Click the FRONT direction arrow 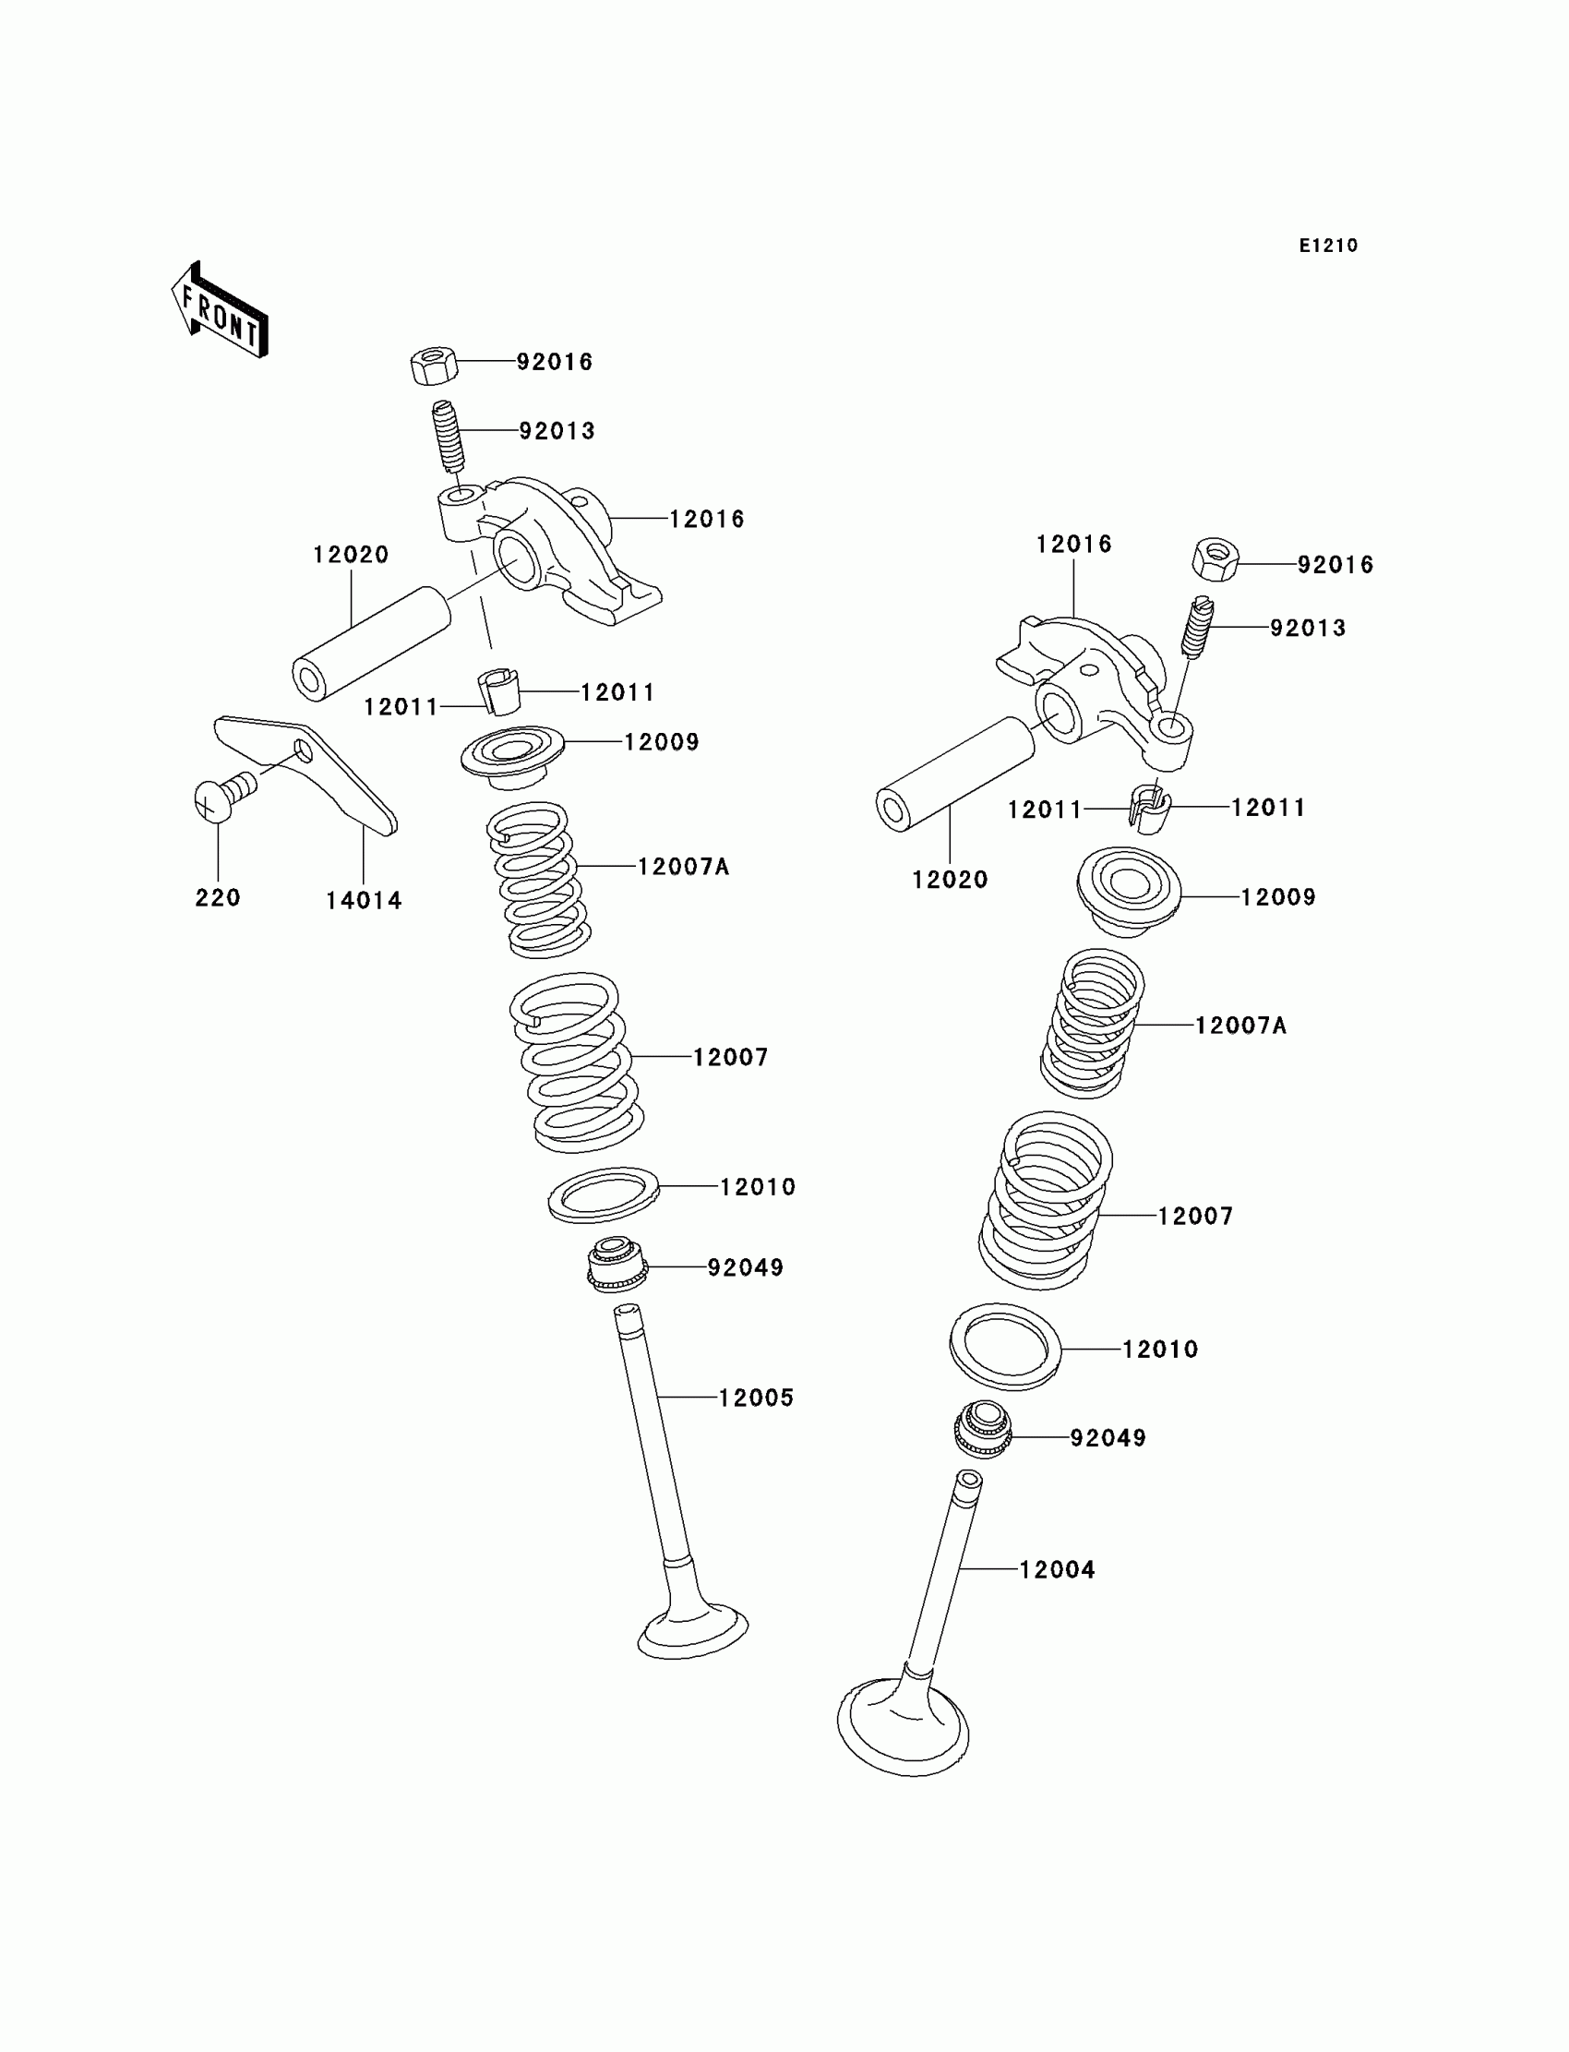[x=221, y=311]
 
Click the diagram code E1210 [x=1328, y=246]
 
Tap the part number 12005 [x=756, y=1398]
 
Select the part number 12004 [x=1056, y=1569]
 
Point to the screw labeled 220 [x=222, y=797]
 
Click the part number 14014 [x=364, y=900]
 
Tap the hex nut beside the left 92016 [x=434, y=366]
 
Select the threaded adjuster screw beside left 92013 [x=449, y=436]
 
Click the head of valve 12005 [x=692, y=1630]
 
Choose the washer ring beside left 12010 [x=604, y=1194]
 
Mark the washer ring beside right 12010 [x=1005, y=1346]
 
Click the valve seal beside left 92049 [x=616, y=1265]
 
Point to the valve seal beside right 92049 [x=983, y=1428]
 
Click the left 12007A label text [x=683, y=867]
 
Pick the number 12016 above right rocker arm [x=1073, y=544]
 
